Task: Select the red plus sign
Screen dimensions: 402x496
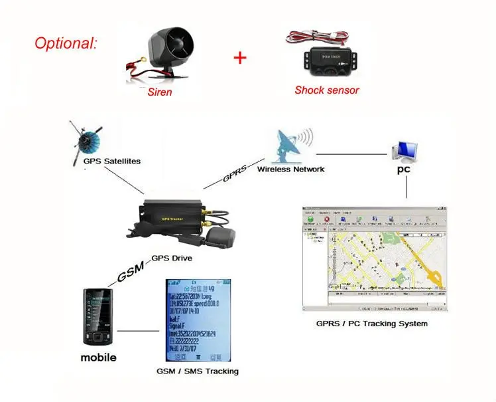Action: pyautogui.click(x=239, y=57)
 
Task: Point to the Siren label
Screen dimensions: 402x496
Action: pyautogui.click(x=159, y=92)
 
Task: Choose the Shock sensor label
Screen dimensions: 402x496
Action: pyautogui.click(x=327, y=90)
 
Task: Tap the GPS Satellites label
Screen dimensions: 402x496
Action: pyautogui.click(x=112, y=161)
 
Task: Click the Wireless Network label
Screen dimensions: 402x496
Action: pyautogui.click(x=290, y=169)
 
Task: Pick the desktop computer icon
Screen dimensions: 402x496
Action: pyautogui.click(x=404, y=152)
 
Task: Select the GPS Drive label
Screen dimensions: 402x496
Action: pyautogui.click(x=173, y=259)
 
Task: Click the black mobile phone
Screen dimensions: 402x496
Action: pyautogui.click(x=99, y=316)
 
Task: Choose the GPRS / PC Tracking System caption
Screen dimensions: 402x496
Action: pyautogui.click(x=371, y=324)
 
